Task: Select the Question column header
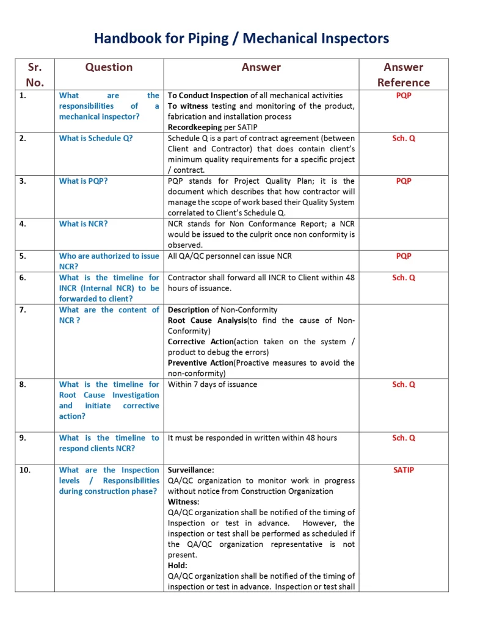pyautogui.click(x=109, y=67)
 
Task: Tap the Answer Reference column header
pyautogui.click(x=403, y=74)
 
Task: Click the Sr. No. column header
pyautogui.click(x=35, y=74)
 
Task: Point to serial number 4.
pyautogui.click(x=23, y=223)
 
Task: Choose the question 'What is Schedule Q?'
pyautogui.click(x=96, y=138)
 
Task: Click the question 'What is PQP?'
pyautogui.click(x=83, y=181)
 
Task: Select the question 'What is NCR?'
pyautogui.click(x=83, y=223)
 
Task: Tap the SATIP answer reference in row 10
pyautogui.click(x=404, y=470)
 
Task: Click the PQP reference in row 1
pyautogui.click(x=404, y=95)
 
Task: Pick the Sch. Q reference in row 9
pyautogui.click(x=404, y=438)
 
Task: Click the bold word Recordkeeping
pyautogui.click(x=194, y=127)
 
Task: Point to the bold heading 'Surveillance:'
pyautogui.click(x=191, y=470)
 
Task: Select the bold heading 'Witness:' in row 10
pyautogui.click(x=184, y=502)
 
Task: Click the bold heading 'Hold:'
pyautogui.click(x=178, y=566)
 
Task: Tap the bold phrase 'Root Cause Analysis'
pyautogui.click(x=207, y=320)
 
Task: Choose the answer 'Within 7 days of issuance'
pyautogui.click(x=212, y=385)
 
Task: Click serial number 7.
pyautogui.click(x=23, y=309)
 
